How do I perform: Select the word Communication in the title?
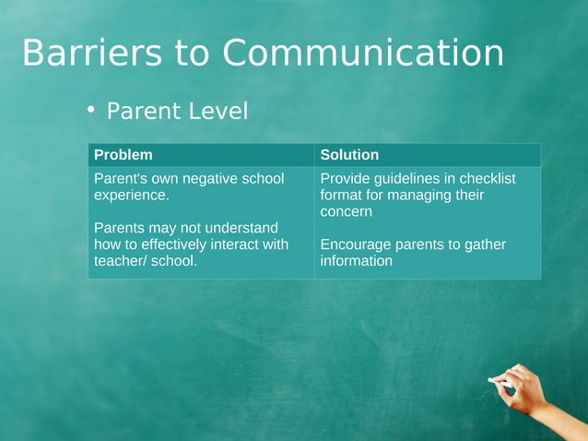pos(362,54)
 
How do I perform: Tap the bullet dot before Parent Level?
pos(91,110)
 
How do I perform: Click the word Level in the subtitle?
pos(218,112)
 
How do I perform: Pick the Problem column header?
pos(123,155)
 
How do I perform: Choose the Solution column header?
pos(349,155)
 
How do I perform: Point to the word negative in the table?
pos(210,178)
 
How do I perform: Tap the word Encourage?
pos(356,244)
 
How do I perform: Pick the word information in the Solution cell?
pos(357,261)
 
